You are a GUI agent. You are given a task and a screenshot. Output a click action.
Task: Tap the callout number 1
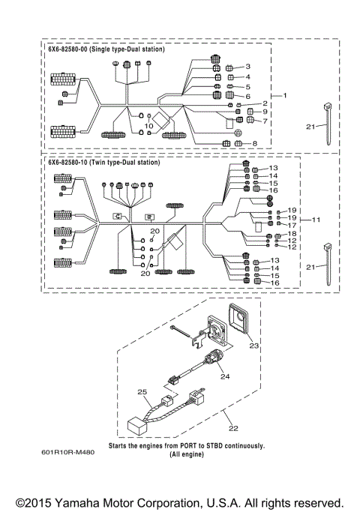coord(284,96)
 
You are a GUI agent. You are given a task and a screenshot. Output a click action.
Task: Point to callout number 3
coord(247,67)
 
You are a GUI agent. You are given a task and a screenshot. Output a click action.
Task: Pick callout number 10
coord(148,126)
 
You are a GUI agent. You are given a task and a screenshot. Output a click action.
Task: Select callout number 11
coord(316,220)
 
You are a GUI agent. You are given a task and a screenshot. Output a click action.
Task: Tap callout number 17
coord(292,225)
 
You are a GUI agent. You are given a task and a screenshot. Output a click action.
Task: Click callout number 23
coord(253,346)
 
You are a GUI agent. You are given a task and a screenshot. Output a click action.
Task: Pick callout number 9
coord(265,112)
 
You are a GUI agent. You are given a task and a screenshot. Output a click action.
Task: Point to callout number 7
coord(265,121)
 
